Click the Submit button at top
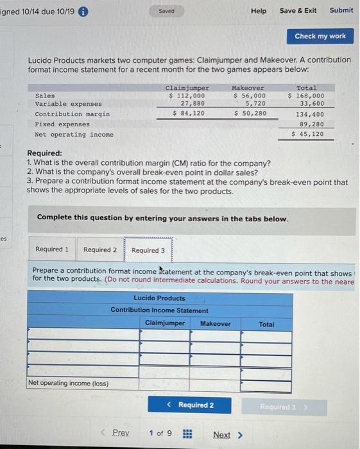click(x=341, y=10)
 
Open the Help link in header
click(x=259, y=11)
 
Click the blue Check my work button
click(x=320, y=36)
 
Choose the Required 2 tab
click(x=100, y=250)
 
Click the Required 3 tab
click(x=148, y=250)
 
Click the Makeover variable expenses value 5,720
click(x=254, y=103)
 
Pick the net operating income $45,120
click(x=308, y=135)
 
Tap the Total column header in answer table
click(x=266, y=325)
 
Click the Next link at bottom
click(x=227, y=435)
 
